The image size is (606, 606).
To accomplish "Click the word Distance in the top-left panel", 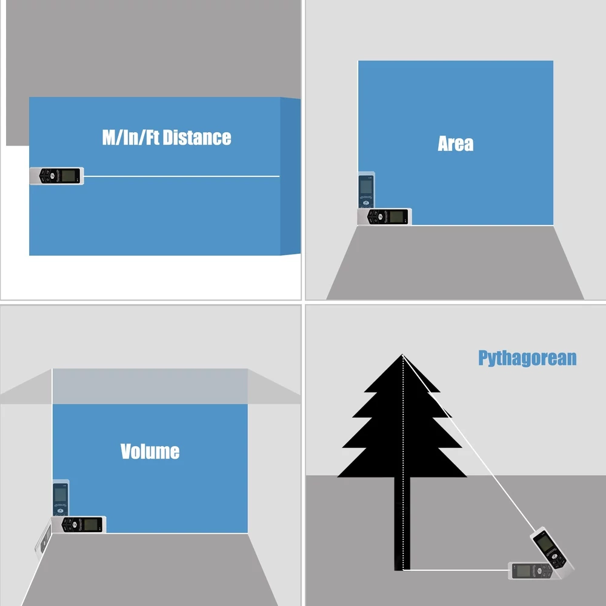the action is [x=197, y=138].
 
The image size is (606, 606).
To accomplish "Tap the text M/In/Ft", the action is [x=131, y=138].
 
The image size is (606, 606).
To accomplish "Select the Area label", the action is [x=455, y=144].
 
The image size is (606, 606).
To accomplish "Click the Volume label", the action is [x=150, y=451].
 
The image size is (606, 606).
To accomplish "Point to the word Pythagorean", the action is [x=527, y=358].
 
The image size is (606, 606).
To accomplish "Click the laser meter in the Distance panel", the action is [x=57, y=176].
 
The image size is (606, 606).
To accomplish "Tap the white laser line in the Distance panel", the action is [x=182, y=176].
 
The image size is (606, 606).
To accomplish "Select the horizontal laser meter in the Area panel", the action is [x=385, y=216].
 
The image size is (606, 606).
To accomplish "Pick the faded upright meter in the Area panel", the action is [x=367, y=190].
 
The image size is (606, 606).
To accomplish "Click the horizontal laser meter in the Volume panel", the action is [x=79, y=524].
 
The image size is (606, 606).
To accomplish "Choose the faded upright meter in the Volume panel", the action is [x=61, y=498].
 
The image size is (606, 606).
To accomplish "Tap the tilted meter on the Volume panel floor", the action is [x=43, y=539].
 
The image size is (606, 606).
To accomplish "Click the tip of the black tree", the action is [x=402, y=355].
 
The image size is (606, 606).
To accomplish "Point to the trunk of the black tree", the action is [x=402, y=524].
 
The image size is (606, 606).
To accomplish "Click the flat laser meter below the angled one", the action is [x=533, y=571].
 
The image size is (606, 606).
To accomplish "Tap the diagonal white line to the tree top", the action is [x=468, y=442].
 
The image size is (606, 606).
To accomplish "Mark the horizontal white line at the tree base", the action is [x=456, y=570].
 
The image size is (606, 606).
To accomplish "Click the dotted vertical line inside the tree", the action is [x=403, y=462].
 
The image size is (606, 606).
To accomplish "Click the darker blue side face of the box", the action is [x=290, y=176].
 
